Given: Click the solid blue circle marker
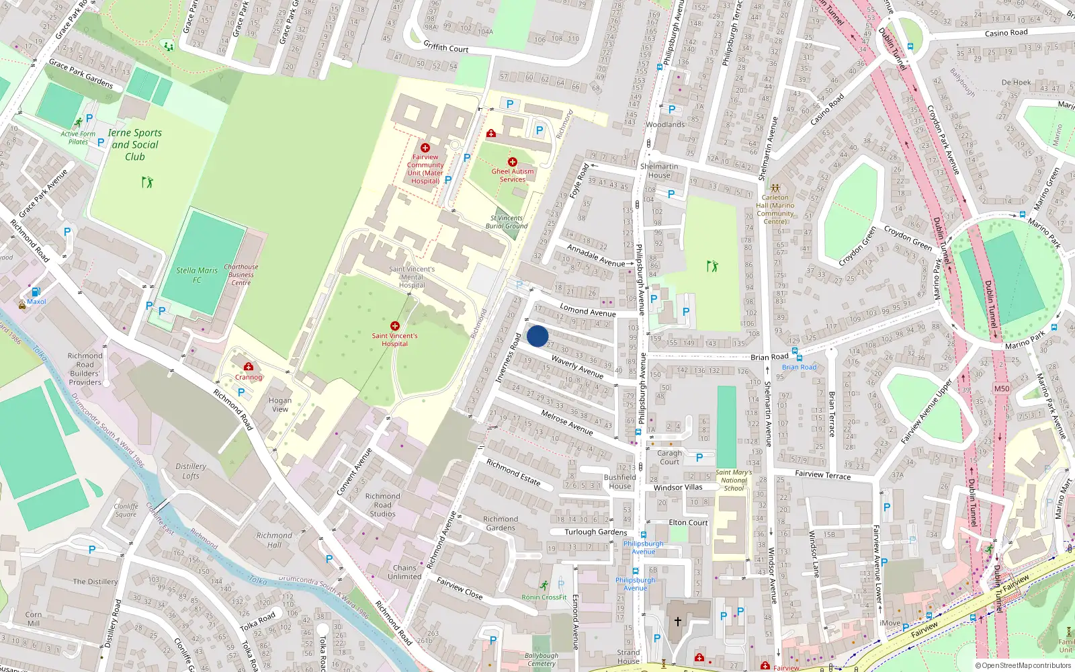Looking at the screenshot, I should click(537, 336).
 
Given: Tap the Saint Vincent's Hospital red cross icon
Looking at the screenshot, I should click(395, 326).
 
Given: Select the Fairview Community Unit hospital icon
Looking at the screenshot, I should click(425, 148).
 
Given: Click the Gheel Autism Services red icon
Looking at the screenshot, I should click(513, 162).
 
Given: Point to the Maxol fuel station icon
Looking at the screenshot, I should click(36, 292).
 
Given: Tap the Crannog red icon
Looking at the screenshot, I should click(249, 367).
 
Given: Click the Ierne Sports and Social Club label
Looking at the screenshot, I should click(134, 144).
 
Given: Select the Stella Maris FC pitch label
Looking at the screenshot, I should click(197, 275).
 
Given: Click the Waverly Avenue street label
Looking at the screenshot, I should click(577, 367).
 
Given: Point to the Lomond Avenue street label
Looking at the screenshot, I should click(588, 310).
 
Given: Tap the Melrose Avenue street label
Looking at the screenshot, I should click(567, 423).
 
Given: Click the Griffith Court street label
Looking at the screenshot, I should click(446, 47).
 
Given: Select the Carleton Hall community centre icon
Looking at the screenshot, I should click(775, 189).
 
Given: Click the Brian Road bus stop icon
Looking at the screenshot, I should click(795, 351).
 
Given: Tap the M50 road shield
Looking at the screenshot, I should click(1001, 388).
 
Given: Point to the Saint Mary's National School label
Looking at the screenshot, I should click(734, 480).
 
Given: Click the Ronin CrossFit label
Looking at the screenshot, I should click(544, 597).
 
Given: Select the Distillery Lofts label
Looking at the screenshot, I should click(191, 470).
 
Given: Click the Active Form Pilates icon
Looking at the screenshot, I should click(79, 123).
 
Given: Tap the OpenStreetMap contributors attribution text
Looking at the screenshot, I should click(1023, 666).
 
